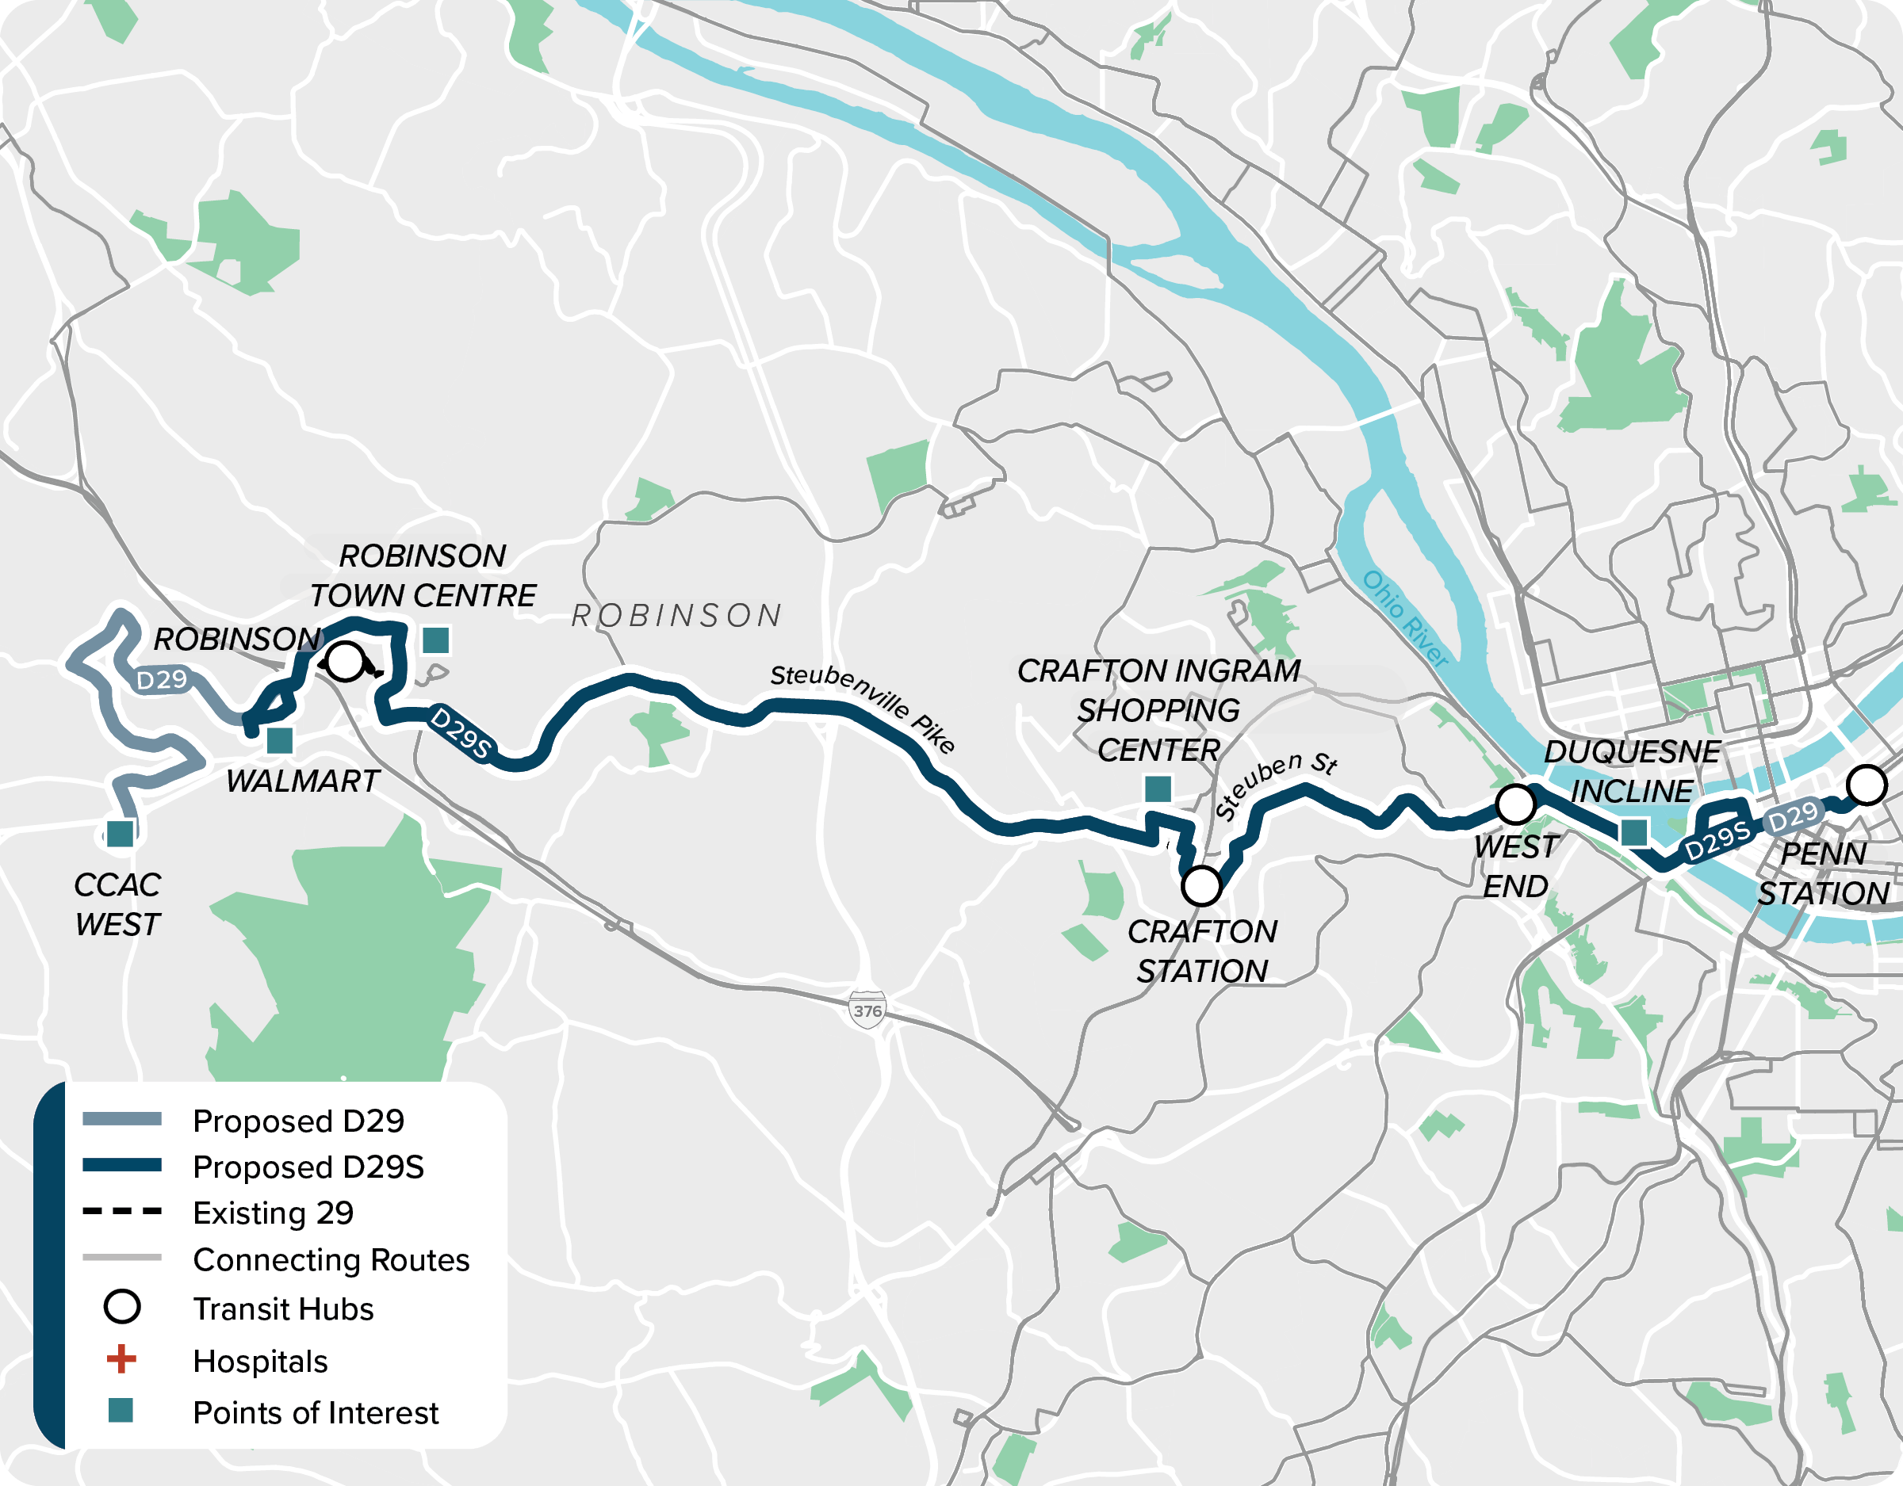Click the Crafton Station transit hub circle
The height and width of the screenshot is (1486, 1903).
click(1201, 886)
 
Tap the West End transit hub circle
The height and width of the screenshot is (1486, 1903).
click(1516, 803)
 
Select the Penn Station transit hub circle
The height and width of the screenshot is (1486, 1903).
click(1867, 784)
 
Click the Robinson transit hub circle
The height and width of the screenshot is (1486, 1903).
click(346, 661)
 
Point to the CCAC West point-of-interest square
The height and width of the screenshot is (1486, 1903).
click(121, 834)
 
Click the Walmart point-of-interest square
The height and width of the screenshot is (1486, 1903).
click(280, 741)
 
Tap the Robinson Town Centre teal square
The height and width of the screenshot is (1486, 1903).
click(435, 640)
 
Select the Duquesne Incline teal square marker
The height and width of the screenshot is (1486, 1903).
click(1633, 832)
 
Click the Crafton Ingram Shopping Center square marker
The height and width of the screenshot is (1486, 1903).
click(1157, 789)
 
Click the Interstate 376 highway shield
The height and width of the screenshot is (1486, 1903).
click(867, 1010)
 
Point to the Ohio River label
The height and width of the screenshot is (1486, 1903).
click(1404, 618)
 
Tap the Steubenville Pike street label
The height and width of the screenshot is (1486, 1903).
click(863, 706)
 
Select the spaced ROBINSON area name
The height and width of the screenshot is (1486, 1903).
click(676, 616)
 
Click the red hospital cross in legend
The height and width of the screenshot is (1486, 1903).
click(121, 1359)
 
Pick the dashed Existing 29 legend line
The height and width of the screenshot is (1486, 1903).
click(121, 1211)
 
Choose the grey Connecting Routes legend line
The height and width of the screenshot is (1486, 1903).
click(121, 1258)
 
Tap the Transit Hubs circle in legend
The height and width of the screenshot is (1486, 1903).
click(121, 1307)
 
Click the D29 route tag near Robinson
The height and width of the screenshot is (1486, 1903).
click(162, 679)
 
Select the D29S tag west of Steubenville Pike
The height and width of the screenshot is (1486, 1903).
click(461, 732)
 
